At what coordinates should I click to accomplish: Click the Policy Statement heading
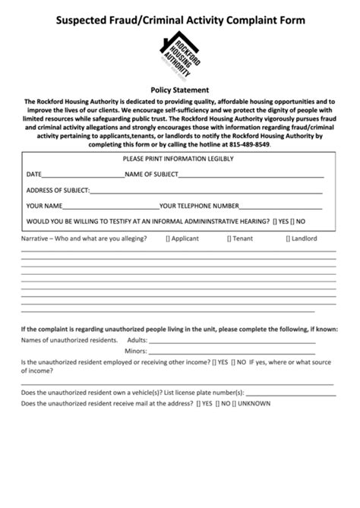point(180,89)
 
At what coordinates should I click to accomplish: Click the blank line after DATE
point(83,175)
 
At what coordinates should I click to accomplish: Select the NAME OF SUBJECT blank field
point(250,175)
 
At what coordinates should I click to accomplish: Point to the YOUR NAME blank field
point(111,205)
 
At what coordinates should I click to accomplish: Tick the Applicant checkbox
point(168,238)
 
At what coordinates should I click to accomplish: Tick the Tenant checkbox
point(229,238)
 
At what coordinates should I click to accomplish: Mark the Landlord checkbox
point(287,238)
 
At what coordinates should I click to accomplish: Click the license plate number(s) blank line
point(290,393)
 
